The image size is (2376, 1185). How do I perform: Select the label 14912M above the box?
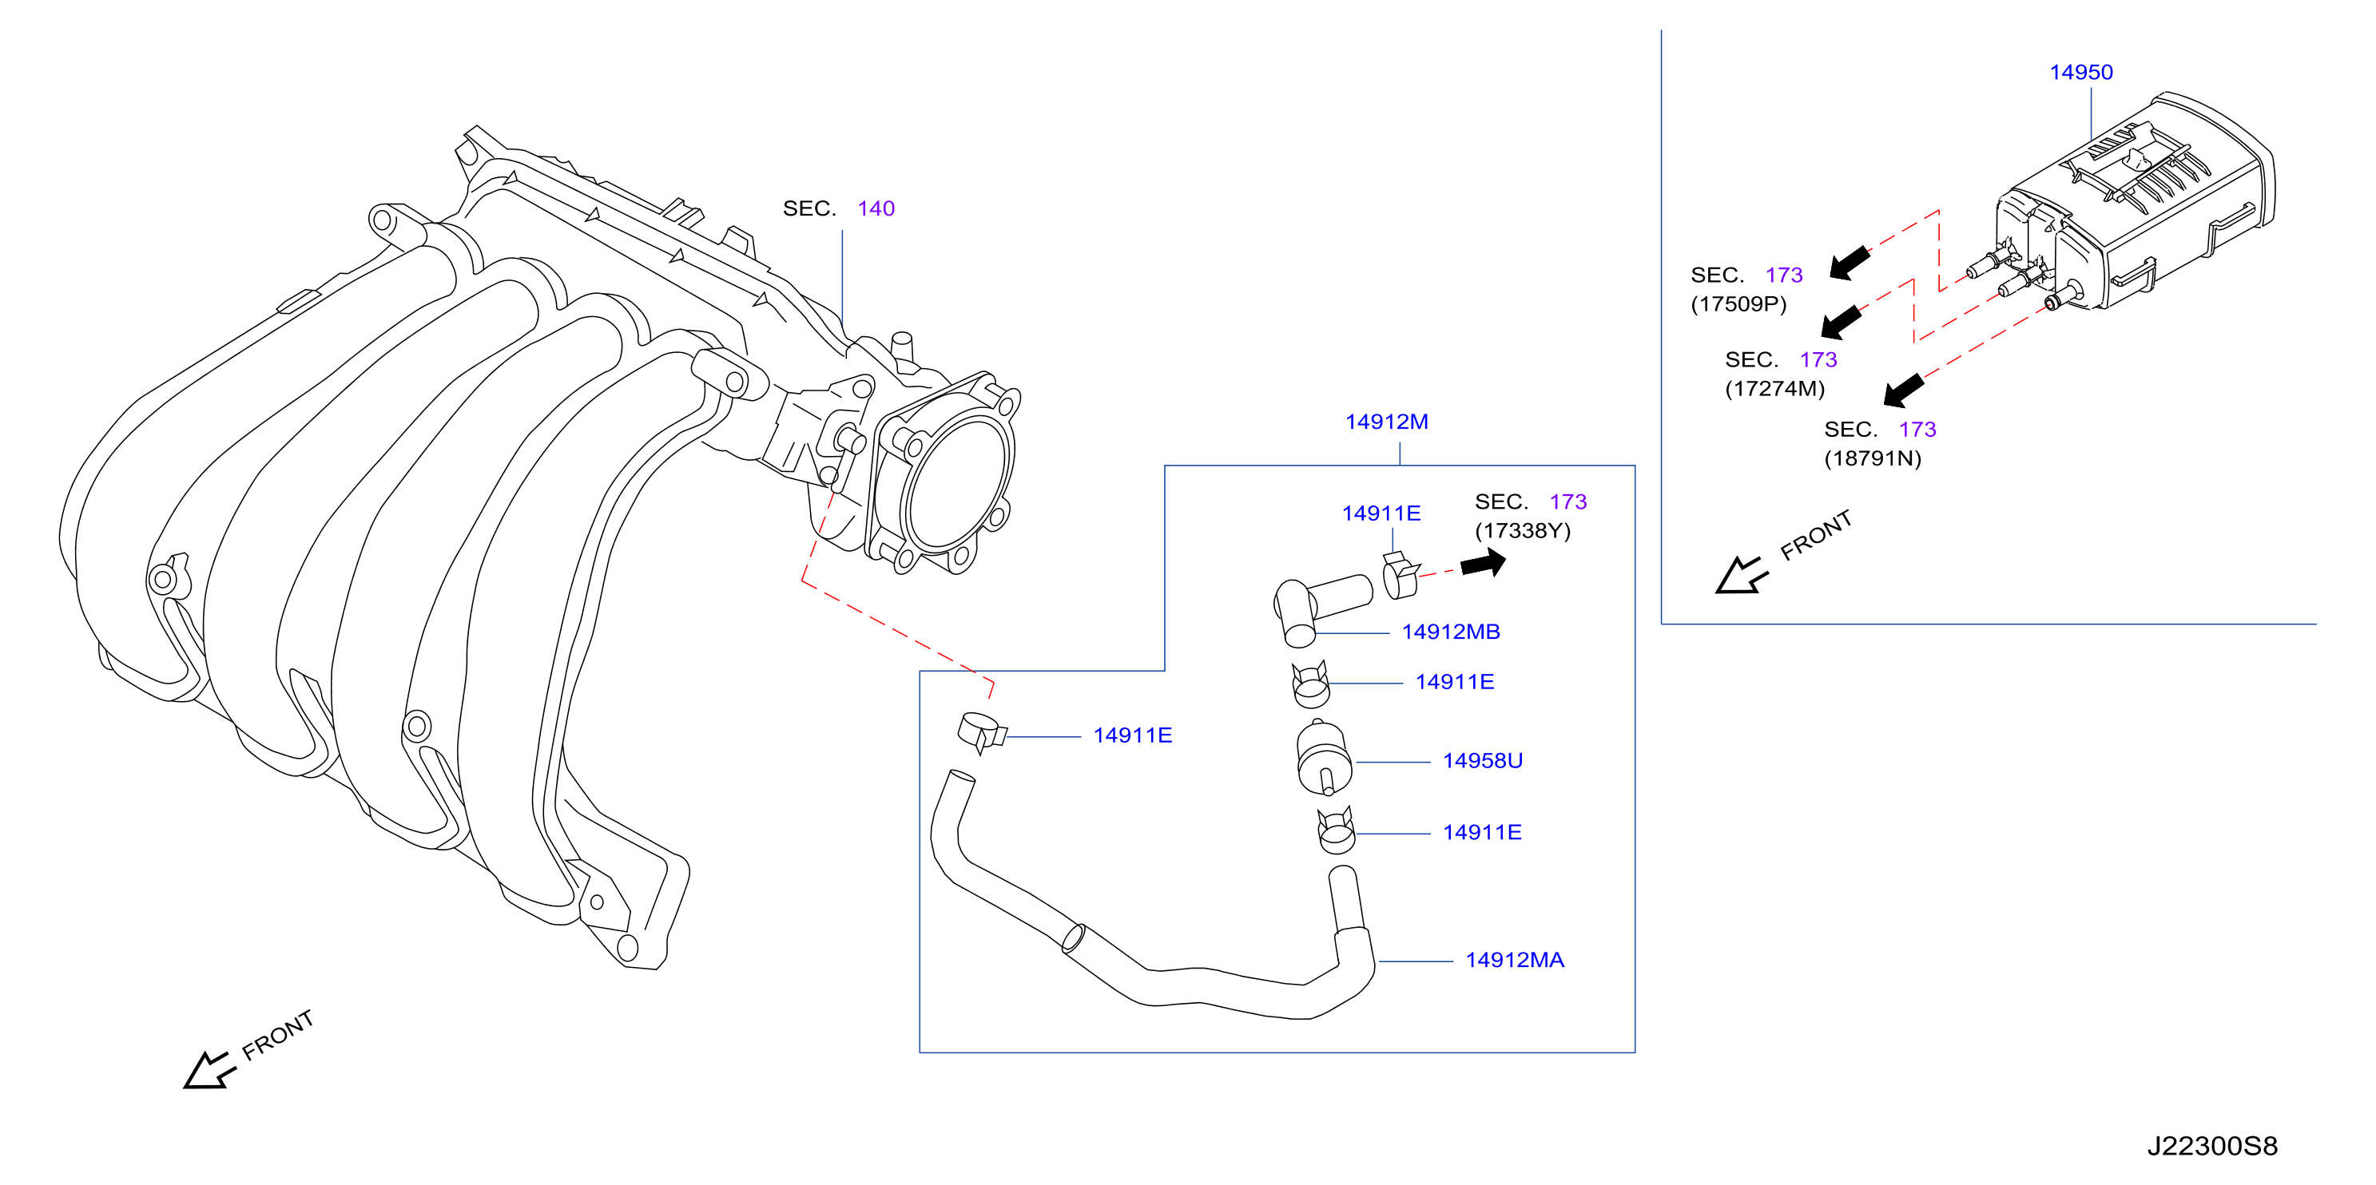pos(1386,422)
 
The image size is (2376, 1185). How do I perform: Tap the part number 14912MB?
pos(1451,632)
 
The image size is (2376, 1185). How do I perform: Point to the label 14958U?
pos(1482,761)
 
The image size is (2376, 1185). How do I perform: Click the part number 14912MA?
pos(1515,960)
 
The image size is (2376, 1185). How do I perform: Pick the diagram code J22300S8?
pos(2211,1146)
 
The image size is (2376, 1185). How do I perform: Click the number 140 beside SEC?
pos(876,208)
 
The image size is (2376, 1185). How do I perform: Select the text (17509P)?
pos(1738,304)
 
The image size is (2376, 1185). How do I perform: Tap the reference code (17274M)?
pos(1774,388)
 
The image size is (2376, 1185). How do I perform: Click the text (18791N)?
pos(1873,458)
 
